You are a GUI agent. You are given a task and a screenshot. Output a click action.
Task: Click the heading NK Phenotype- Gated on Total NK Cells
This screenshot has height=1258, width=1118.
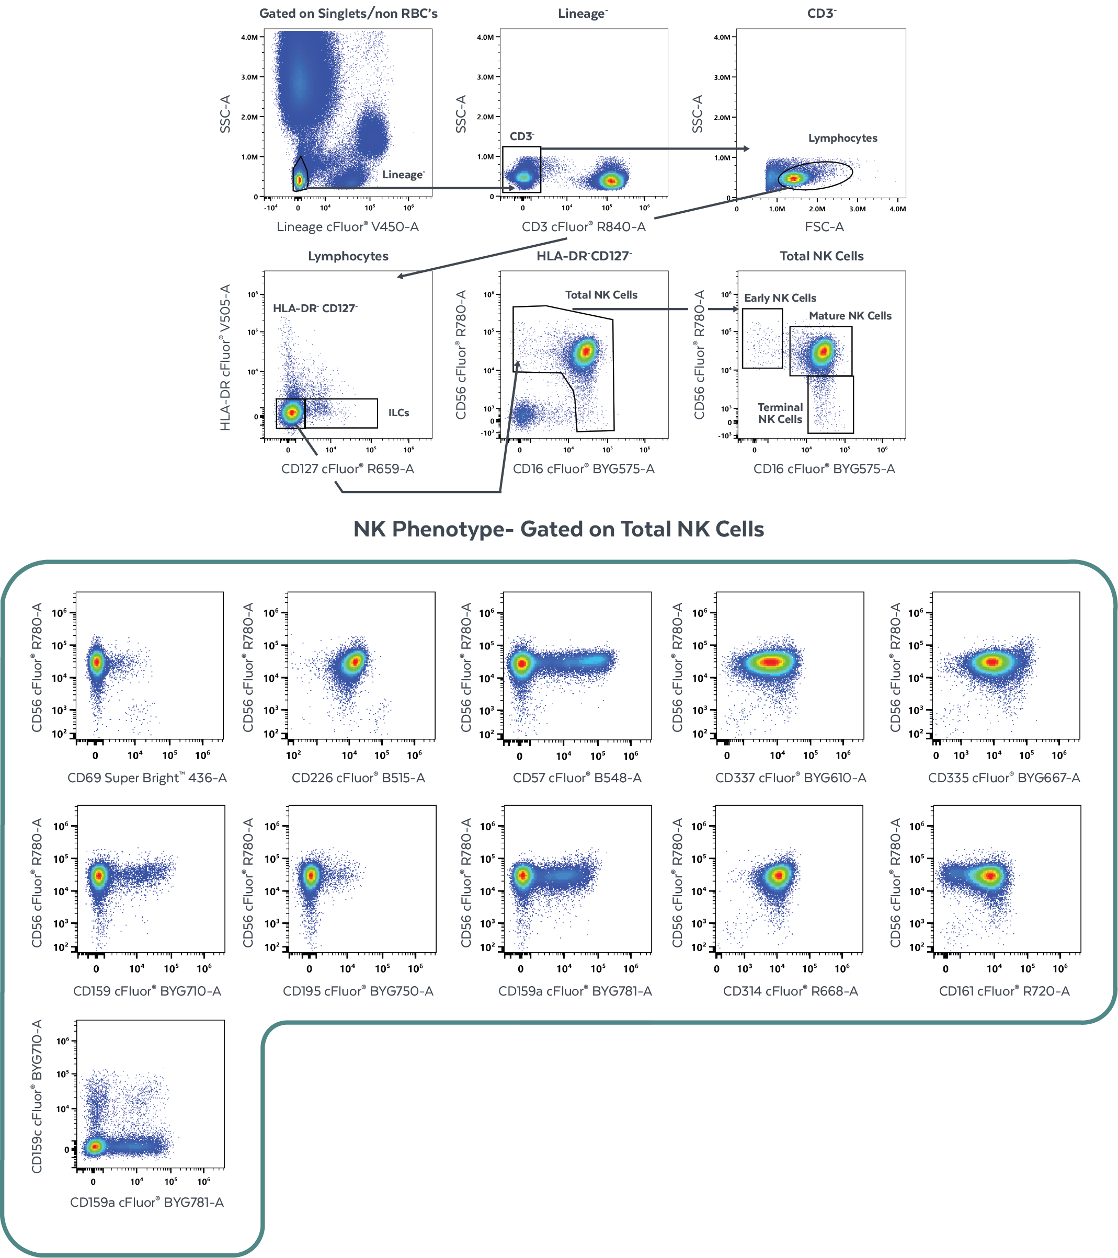tap(558, 529)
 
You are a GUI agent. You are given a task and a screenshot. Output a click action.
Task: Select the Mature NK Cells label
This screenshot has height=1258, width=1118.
tap(850, 316)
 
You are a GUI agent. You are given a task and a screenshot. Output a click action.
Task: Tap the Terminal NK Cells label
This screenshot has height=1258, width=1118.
tap(780, 413)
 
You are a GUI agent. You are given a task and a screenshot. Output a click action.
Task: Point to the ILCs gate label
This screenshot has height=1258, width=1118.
tap(398, 413)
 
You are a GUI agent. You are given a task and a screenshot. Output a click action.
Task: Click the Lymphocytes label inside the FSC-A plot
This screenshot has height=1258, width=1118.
tap(842, 139)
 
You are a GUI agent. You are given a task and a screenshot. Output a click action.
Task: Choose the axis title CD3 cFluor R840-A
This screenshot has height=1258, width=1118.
tap(583, 226)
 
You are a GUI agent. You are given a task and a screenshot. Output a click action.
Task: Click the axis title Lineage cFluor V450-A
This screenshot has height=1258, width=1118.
tap(347, 226)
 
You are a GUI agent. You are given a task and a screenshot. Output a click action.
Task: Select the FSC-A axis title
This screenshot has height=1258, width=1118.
tap(824, 226)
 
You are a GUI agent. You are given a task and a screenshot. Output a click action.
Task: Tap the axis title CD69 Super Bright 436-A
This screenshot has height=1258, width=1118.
tap(147, 778)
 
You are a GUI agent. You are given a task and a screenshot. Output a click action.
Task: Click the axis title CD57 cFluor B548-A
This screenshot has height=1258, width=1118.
tap(577, 778)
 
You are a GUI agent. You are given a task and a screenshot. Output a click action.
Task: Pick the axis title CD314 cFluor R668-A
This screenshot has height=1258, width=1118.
tap(790, 991)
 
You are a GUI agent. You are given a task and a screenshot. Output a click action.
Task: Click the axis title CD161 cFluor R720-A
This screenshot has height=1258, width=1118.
tap(1003, 991)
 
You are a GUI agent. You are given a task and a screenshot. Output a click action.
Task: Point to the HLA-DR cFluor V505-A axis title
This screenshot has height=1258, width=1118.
tap(225, 357)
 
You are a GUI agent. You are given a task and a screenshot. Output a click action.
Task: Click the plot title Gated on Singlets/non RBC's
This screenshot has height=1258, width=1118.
tap(348, 14)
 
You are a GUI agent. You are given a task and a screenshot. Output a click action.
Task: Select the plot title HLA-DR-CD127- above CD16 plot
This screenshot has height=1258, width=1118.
tap(584, 256)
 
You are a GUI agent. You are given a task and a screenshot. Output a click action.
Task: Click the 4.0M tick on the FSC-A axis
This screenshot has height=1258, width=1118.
tap(897, 209)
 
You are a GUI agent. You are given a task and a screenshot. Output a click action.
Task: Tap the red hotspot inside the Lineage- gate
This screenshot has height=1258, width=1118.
tap(299, 180)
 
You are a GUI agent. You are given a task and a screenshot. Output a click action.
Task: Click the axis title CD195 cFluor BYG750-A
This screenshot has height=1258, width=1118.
tap(358, 991)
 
